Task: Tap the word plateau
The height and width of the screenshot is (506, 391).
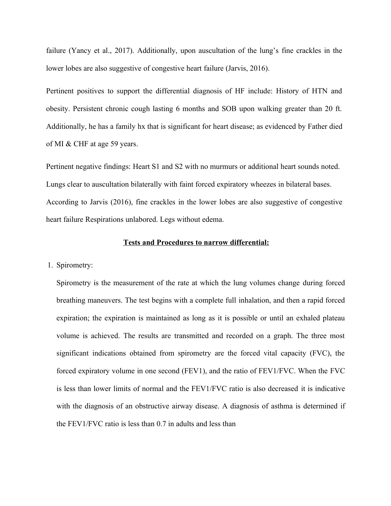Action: point(333,318)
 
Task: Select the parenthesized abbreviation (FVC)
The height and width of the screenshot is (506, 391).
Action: point(318,354)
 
